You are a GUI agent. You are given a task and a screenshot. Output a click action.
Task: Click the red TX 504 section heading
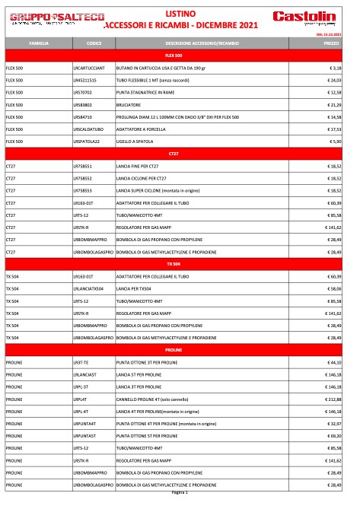point(174,263)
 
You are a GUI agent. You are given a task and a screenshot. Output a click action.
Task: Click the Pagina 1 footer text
point(180,492)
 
